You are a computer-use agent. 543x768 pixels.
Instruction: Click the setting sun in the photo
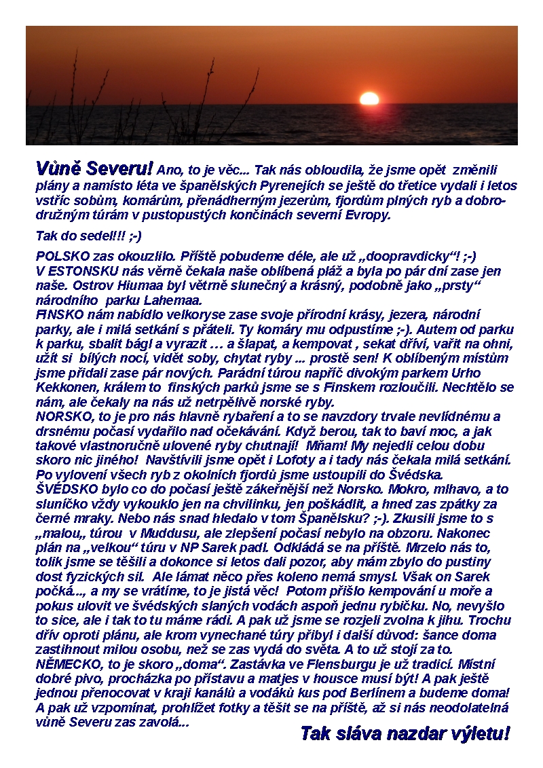pyautogui.click(x=369, y=98)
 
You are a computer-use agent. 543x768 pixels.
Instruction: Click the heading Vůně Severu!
pyautogui.click(x=94, y=168)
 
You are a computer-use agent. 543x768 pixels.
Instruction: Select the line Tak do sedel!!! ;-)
pyautogui.click(x=88, y=236)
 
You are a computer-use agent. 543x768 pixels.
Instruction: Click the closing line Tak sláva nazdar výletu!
pyautogui.click(x=405, y=733)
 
